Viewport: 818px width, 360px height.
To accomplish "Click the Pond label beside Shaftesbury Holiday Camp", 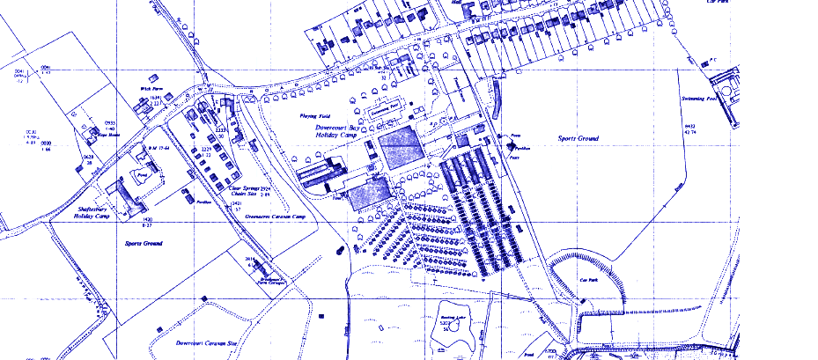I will (140, 175).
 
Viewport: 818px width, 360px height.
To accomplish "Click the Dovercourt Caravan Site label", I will (208, 342).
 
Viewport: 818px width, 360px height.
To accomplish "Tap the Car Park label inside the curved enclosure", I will (589, 281).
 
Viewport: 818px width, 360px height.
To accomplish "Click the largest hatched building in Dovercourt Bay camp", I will (402, 147).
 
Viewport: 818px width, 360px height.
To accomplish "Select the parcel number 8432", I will (690, 128).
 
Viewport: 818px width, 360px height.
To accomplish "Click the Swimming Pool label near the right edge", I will (701, 99).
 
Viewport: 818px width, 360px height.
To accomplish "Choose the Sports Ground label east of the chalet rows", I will (578, 139).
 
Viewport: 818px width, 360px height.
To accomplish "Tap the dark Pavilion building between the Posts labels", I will (509, 142).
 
